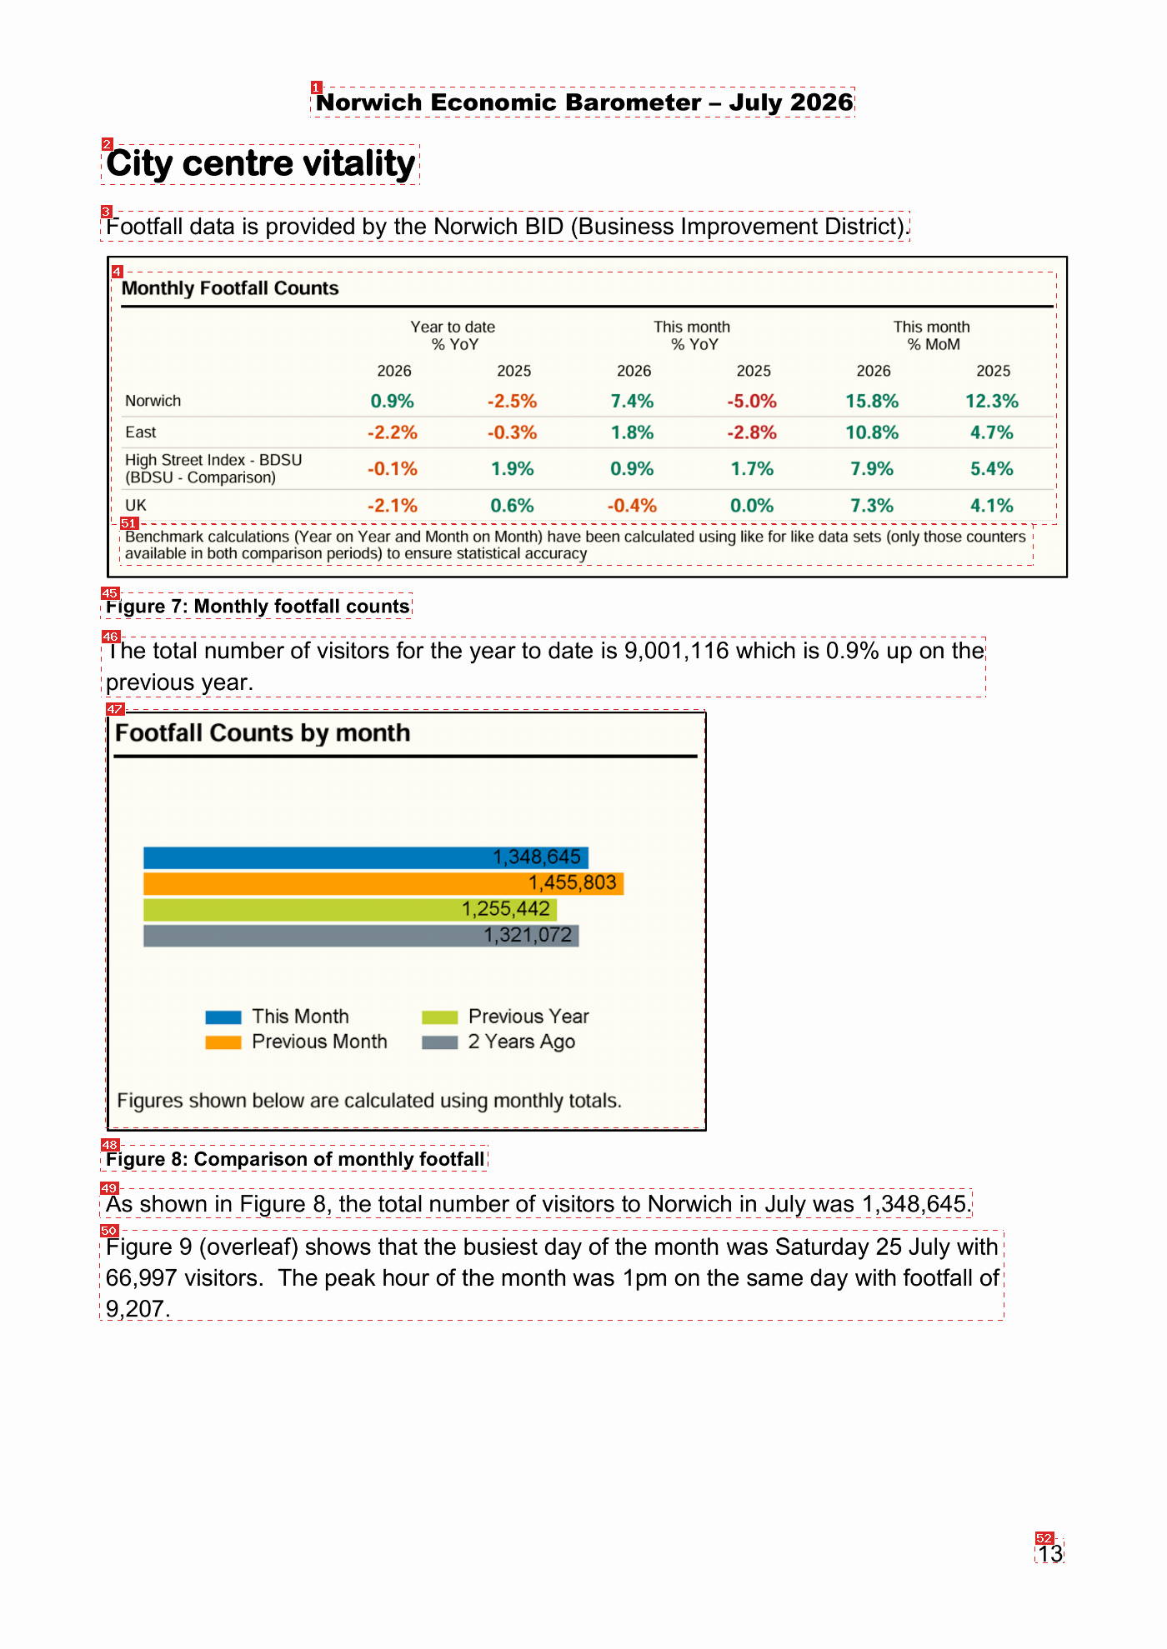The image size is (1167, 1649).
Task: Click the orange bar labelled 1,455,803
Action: (383, 883)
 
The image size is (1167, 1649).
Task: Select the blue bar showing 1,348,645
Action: (366, 857)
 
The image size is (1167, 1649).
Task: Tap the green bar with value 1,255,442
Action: (350, 909)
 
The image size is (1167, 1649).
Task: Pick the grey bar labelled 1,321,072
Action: (361, 936)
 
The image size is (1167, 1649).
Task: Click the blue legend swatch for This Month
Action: (223, 1017)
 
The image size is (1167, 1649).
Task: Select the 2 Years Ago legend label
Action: (522, 1042)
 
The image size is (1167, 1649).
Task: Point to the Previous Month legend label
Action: (320, 1042)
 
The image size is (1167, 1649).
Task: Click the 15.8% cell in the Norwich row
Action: (872, 402)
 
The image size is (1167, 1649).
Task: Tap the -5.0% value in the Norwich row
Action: (752, 402)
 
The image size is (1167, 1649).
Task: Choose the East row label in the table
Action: (141, 432)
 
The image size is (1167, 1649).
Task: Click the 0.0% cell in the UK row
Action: (752, 506)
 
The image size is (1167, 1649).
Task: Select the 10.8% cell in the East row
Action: (872, 433)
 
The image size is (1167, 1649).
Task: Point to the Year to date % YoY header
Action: (453, 336)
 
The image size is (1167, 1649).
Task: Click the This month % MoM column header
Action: (933, 336)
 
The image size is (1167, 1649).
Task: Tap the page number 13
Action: (1050, 1553)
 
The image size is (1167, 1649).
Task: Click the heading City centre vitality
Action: (261, 164)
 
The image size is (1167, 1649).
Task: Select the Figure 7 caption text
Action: (258, 607)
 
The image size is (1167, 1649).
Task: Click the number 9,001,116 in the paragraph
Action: (677, 651)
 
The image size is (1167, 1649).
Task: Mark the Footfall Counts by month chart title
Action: (263, 733)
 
